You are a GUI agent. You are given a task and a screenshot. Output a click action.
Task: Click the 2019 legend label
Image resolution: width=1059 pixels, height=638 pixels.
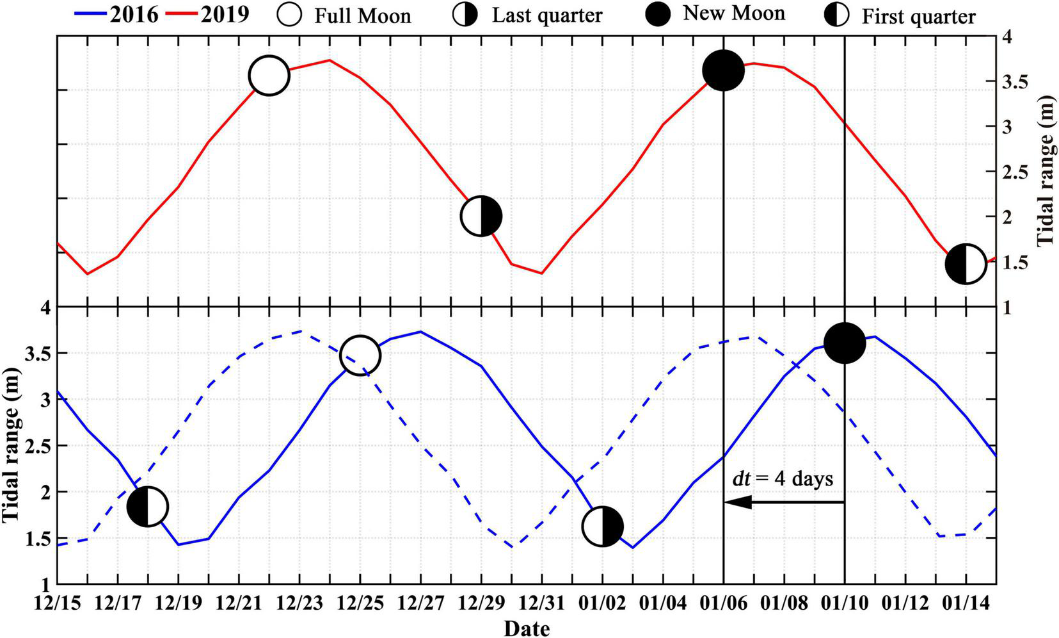225,13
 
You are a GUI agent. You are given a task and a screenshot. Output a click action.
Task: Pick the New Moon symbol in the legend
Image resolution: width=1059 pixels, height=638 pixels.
657,14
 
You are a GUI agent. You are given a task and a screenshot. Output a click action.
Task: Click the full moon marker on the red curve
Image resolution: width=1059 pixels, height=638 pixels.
269,76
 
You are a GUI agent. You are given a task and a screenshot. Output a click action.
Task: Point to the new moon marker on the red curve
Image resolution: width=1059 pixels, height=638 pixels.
723,71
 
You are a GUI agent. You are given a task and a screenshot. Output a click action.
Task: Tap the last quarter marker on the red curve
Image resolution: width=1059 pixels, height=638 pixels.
481,217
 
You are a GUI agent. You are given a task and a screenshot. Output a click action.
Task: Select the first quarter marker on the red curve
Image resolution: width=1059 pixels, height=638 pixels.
966,263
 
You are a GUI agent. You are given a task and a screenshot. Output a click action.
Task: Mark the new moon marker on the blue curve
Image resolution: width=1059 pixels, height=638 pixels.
845,343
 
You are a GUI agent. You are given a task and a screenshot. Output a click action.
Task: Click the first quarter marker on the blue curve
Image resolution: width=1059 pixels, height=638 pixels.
148,506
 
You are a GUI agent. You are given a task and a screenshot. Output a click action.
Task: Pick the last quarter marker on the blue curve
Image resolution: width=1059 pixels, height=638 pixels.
603,527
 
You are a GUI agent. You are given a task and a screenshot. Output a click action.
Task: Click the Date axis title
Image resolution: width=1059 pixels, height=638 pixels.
526,628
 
